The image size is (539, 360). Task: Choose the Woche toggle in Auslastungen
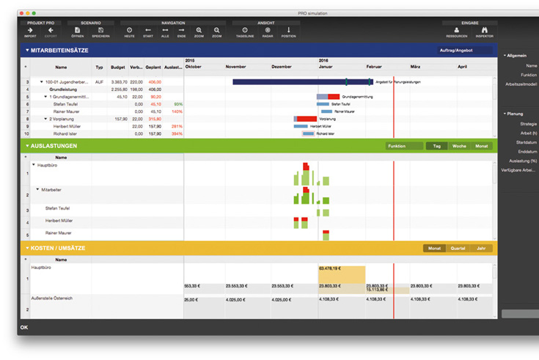click(459, 146)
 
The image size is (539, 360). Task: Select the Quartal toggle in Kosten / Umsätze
click(458, 249)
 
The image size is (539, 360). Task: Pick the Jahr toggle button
click(480, 249)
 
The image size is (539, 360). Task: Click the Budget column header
click(118, 67)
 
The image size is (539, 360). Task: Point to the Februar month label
click(374, 67)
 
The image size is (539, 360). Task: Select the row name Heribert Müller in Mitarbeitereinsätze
click(67, 126)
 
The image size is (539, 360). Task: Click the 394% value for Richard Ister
click(176, 134)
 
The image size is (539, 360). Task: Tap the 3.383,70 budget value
click(118, 82)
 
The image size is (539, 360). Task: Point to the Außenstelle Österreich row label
click(51, 298)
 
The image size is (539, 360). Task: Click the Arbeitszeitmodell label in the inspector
click(520, 84)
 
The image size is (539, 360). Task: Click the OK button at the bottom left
click(24, 327)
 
